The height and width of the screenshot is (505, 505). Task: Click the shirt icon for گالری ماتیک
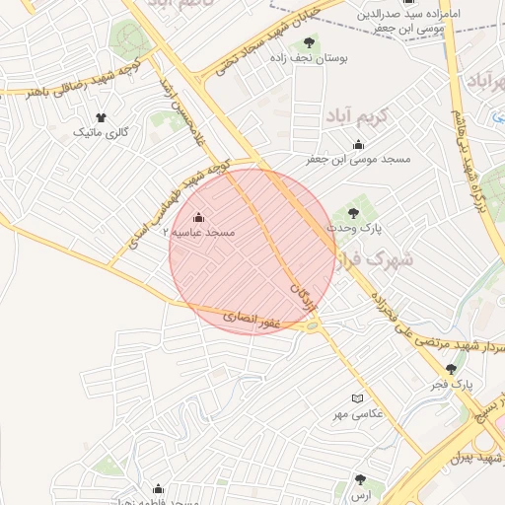(x=100, y=117)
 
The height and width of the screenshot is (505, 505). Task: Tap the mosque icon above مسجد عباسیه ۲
(x=198, y=217)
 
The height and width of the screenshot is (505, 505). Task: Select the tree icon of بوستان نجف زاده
(x=309, y=42)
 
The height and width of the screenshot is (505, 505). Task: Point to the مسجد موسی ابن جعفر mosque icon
(x=357, y=145)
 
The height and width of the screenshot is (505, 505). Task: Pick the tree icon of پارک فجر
(x=451, y=369)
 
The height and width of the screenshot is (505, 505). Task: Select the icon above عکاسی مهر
(x=357, y=397)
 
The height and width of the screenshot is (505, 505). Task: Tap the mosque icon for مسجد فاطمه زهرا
(x=158, y=488)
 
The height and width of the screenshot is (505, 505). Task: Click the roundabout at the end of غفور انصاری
(x=314, y=325)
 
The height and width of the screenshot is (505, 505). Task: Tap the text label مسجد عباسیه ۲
(x=203, y=234)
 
